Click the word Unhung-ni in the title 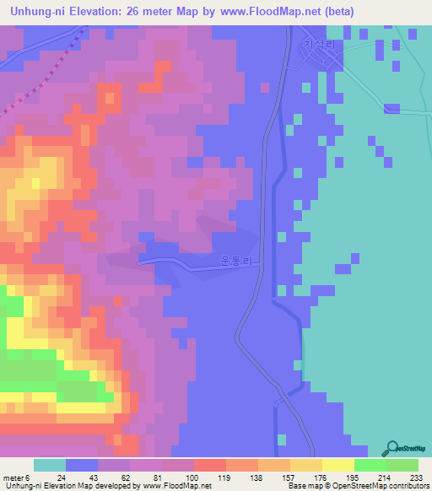pyautogui.click(x=36, y=11)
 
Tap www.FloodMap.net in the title pyautogui.click(x=267, y=11)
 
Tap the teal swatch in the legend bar pyautogui.click(x=49, y=465)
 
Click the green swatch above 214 pyautogui.click(x=370, y=465)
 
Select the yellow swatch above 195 pyautogui.click(x=338, y=465)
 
